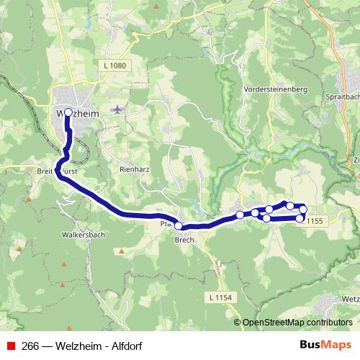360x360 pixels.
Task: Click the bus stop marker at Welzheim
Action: point(68,113)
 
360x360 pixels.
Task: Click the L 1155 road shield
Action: point(315,222)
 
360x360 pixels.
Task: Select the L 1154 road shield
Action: point(221,297)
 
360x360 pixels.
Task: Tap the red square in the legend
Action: point(10,345)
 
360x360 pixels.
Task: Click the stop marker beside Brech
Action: point(179,226)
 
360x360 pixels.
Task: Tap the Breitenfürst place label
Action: point(56,173)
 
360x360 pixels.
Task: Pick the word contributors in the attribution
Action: point(328,323)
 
